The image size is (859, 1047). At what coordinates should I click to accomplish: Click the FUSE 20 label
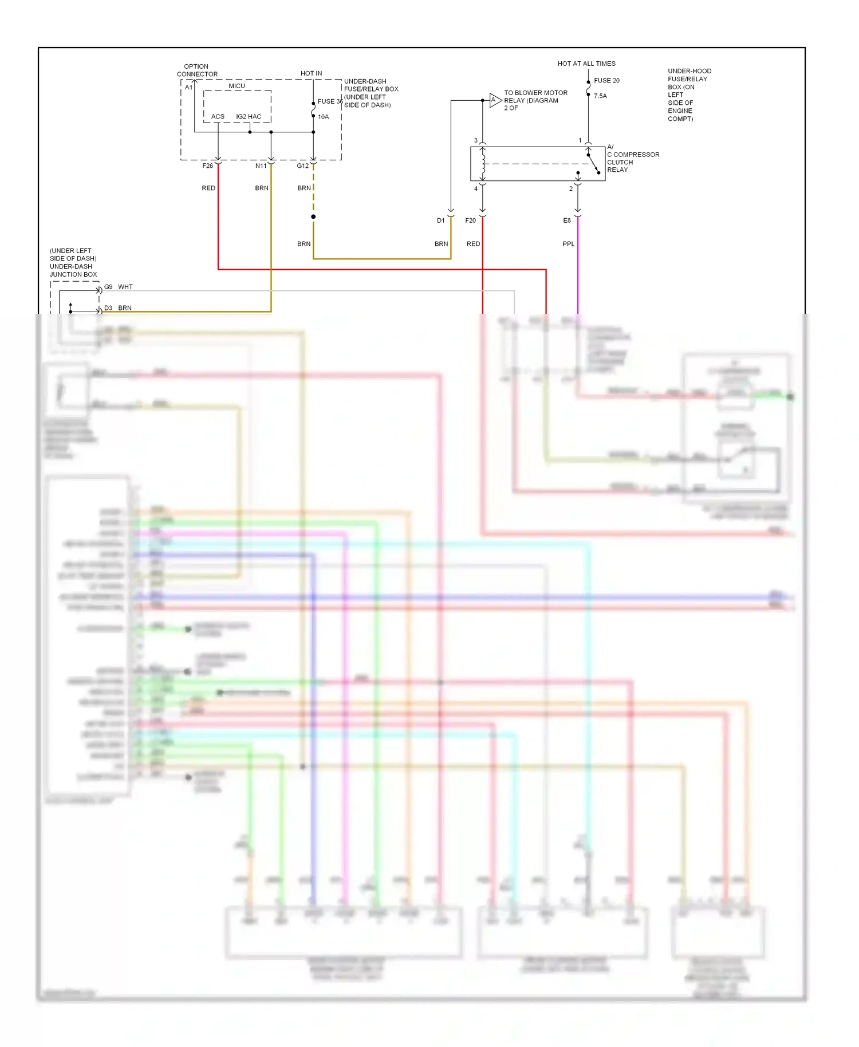tap(606, 81)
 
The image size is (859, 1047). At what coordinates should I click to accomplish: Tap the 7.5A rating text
tap(600, 96)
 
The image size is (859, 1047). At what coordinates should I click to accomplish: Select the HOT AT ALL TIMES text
tap(586, 64)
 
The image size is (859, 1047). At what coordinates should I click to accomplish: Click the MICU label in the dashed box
tap(237, 86)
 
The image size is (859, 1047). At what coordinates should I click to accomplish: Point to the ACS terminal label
tap(218, 117)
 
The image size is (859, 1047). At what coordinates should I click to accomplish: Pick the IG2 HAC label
tap(249, 117)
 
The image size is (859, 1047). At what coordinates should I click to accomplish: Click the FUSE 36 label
tap(330, 101)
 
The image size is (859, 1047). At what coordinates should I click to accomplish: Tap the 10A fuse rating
tap(324, 117)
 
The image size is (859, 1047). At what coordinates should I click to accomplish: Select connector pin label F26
tap(207, 166)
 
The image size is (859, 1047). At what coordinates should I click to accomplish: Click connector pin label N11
tap(261, 166)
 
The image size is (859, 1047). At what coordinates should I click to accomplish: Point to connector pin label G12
tap(302, 166)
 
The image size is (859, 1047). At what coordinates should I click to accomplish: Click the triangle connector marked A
tap(495, 100)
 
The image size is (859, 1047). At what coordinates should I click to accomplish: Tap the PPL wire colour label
tap(568, 244)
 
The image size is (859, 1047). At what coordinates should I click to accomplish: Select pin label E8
tap(567, 221)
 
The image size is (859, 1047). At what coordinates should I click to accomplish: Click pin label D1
tap(440, 221)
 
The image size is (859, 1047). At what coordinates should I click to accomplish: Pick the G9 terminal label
tap(108, 287)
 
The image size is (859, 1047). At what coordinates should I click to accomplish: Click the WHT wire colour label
tap(125, 287)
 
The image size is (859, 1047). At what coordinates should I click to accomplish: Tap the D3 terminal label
tap(108, 308)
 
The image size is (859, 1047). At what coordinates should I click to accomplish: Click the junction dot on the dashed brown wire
tap(313, 217)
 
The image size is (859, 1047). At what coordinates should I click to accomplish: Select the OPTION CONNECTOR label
tap(197, 70)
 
